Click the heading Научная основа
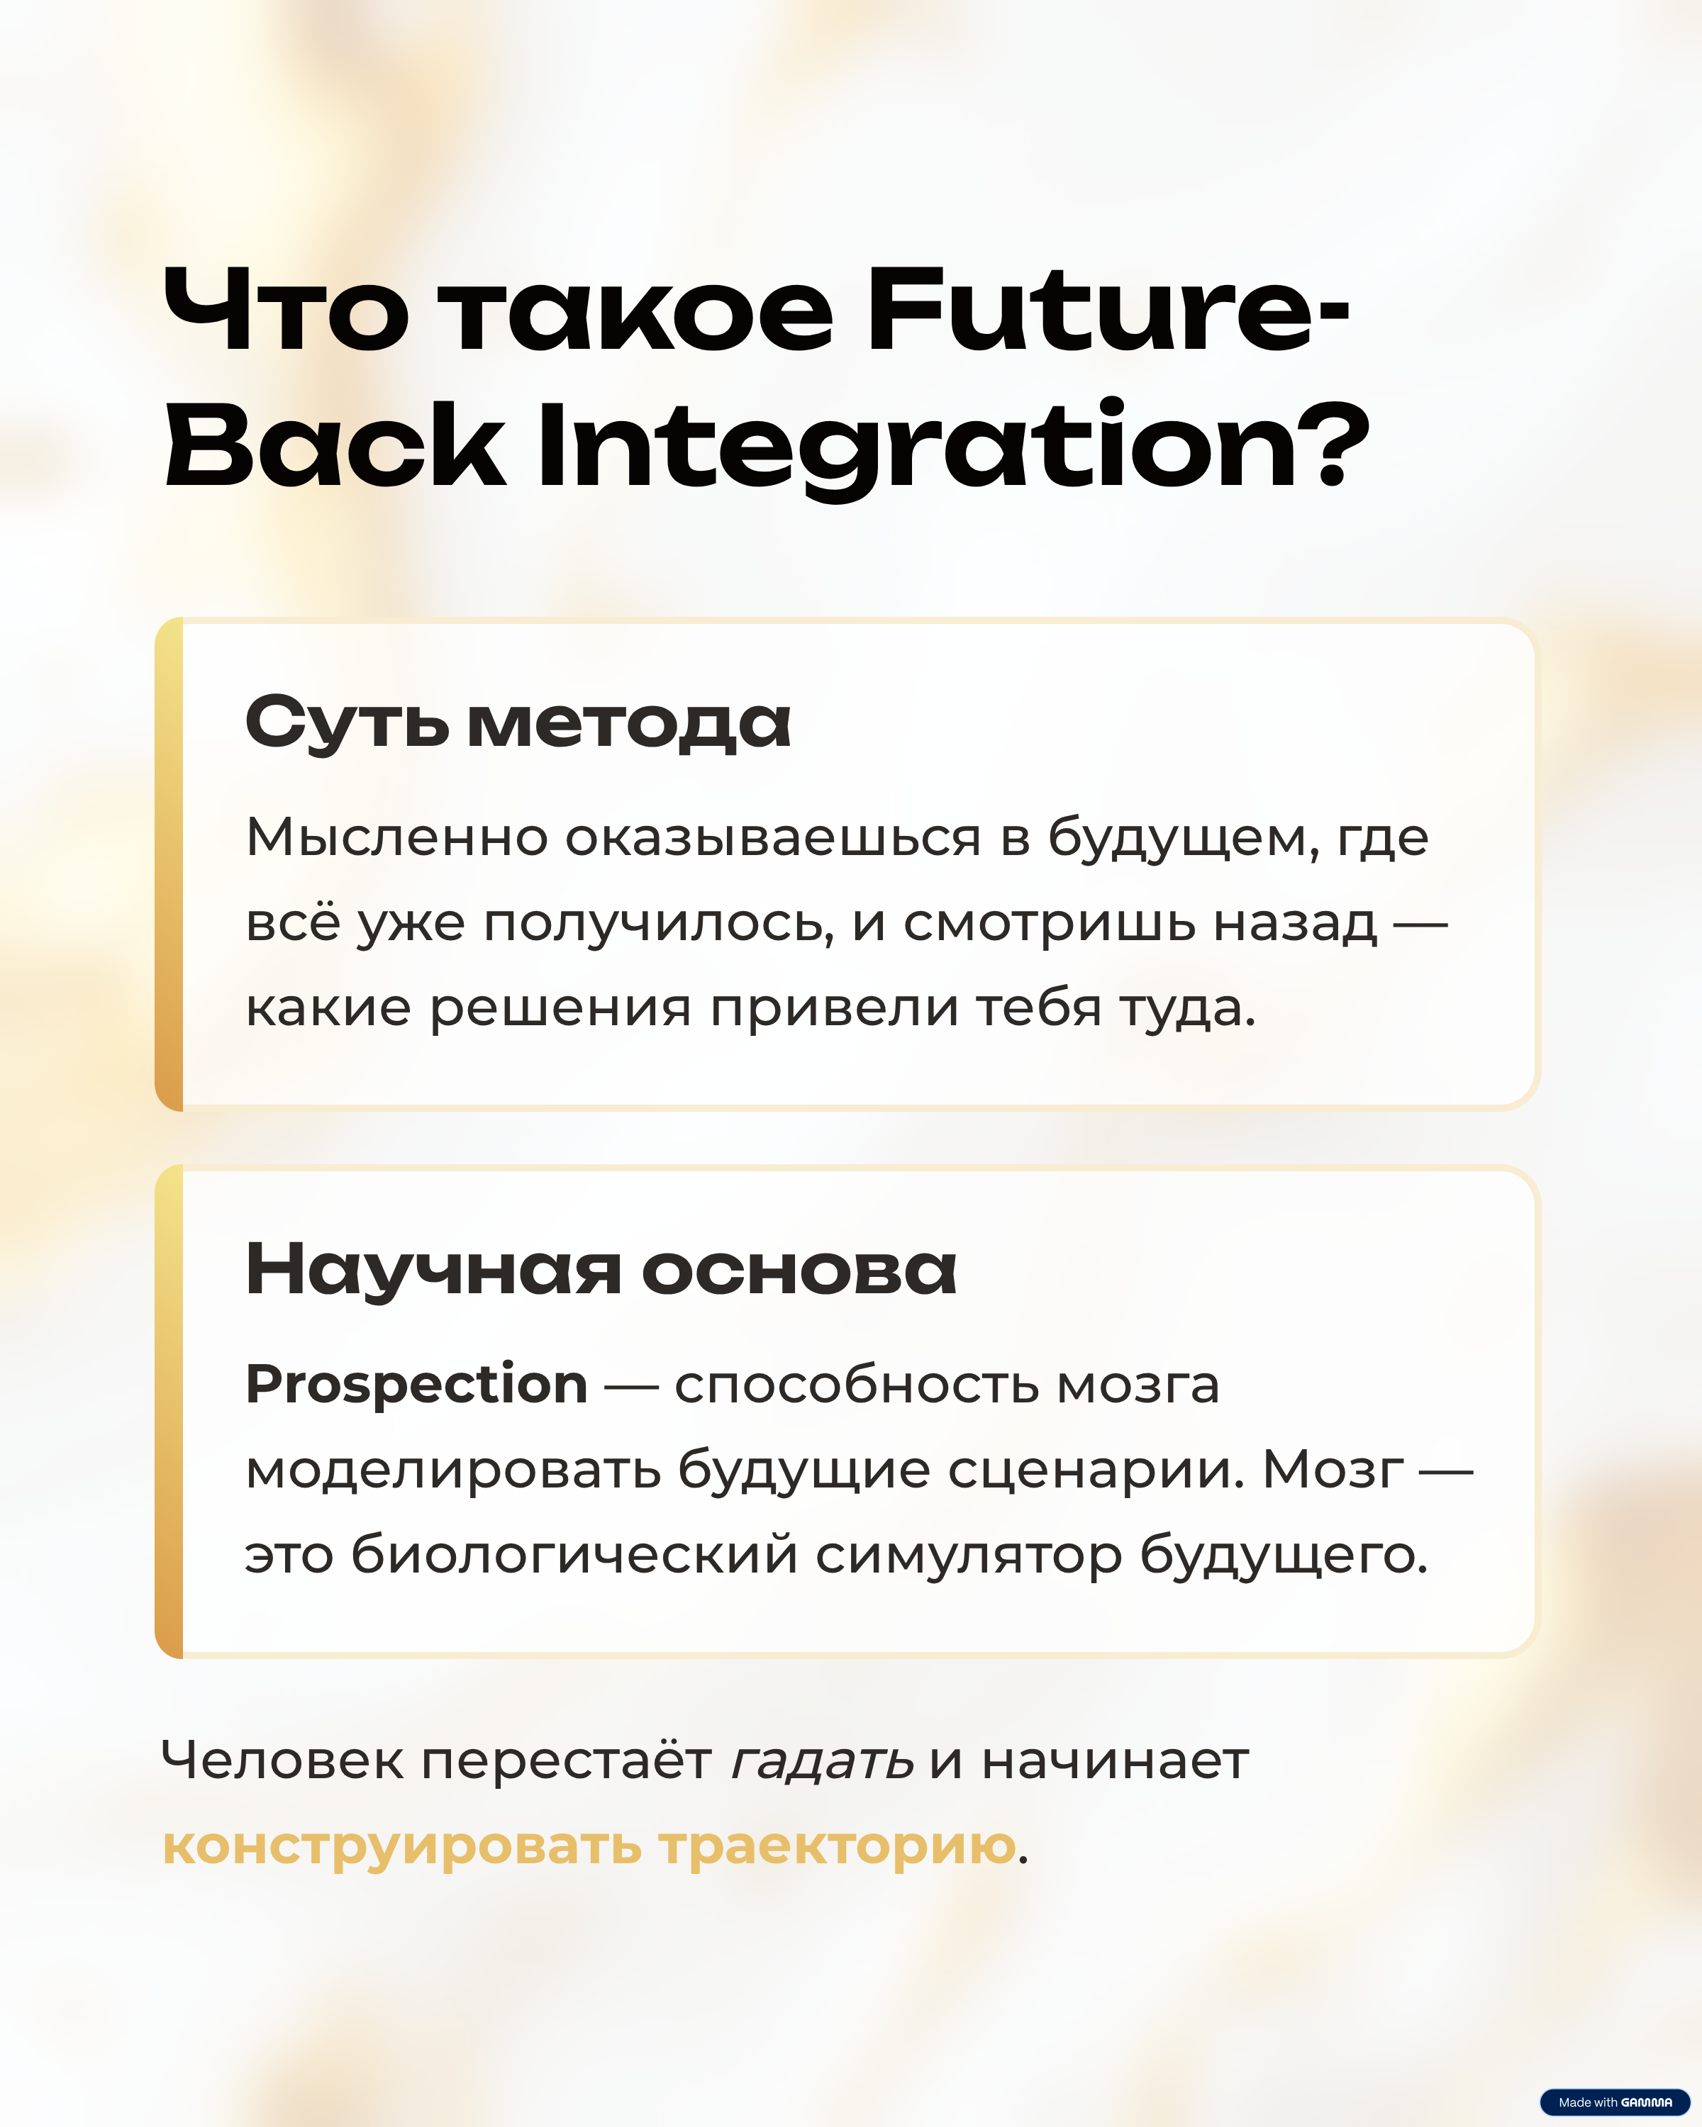pos(601,1270)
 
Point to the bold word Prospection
pos(416,1385)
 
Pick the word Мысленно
pos(396,837)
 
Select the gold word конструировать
pos(401,1848)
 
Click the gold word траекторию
pos(838,1848)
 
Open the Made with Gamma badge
pos(1615,2102)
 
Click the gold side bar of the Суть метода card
pos(169,865)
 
